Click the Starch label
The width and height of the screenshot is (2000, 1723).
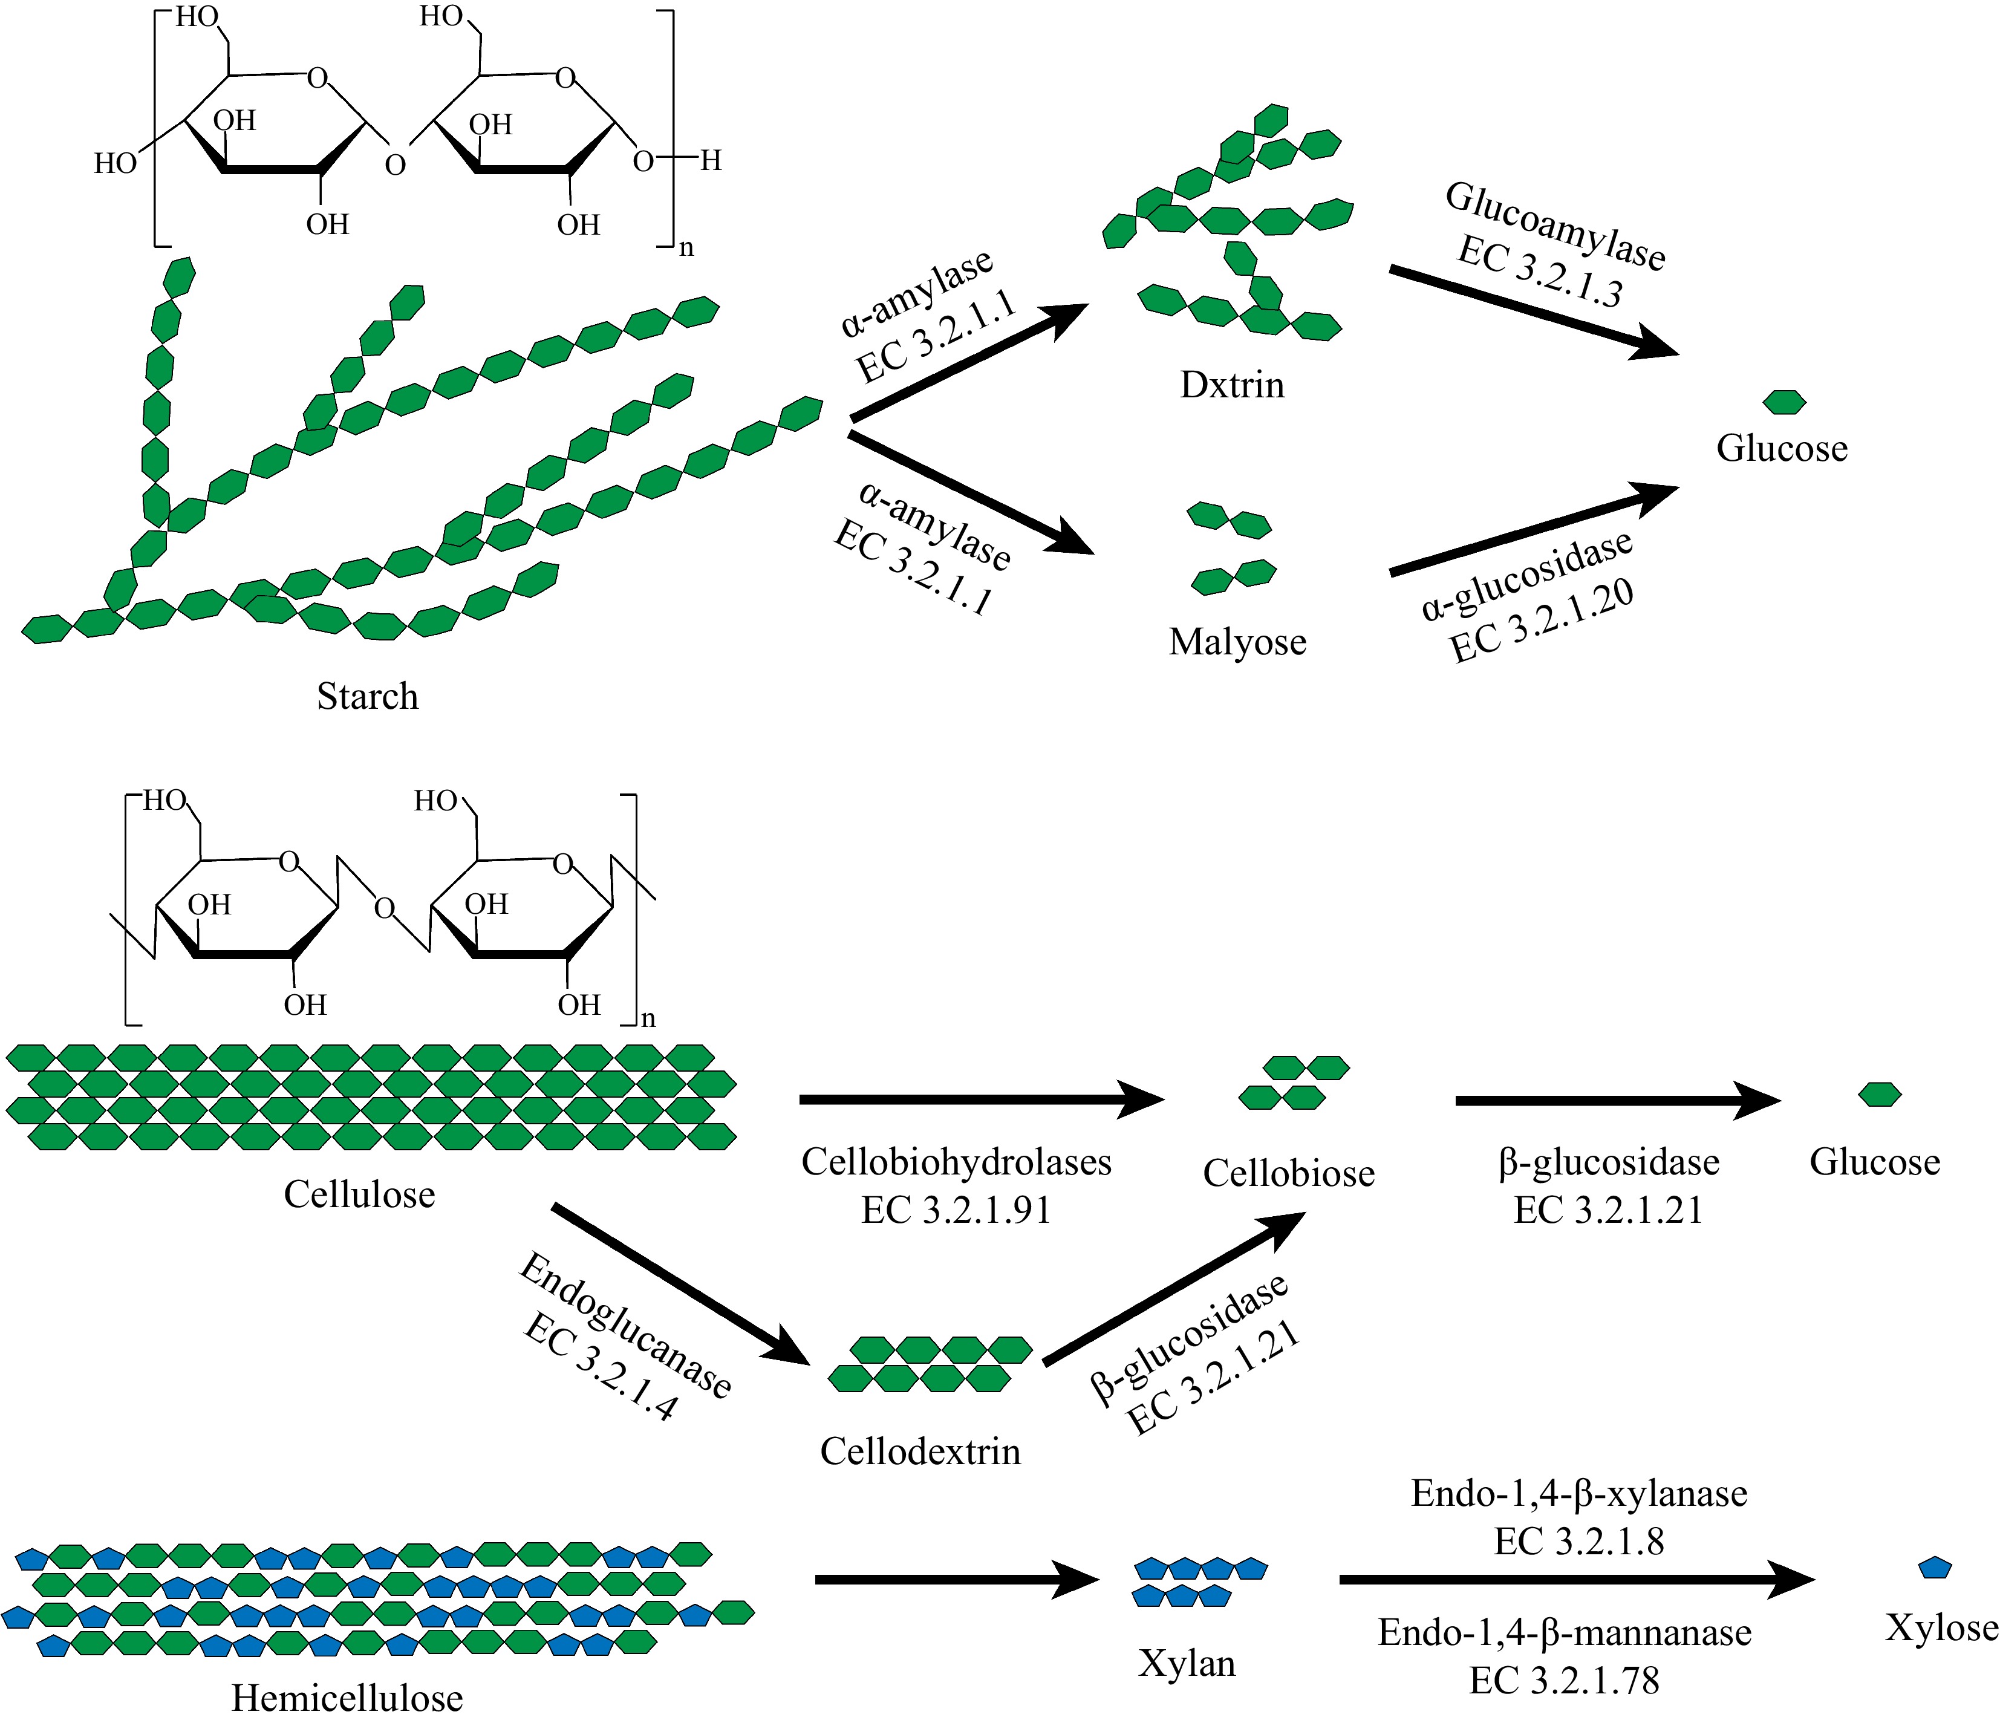[x=368, y=696]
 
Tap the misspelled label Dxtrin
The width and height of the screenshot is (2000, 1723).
[x=1232, y=385]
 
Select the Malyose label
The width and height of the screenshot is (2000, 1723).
[x=1237, y=642]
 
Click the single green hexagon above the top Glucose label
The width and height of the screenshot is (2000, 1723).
[x=1783, y=402]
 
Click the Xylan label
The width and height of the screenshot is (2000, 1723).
[x=1187, y=1663]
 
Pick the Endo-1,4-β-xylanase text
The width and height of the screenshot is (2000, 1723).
[x=1579, y=1493]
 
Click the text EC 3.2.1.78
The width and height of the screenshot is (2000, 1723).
[x=1564, y=1681]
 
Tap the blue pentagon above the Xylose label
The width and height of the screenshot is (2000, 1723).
[x=1934, y=1569]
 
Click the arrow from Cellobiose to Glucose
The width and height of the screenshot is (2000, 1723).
[x=1612, y=1101]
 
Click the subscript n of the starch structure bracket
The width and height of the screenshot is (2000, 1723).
[x=686, y=248]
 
